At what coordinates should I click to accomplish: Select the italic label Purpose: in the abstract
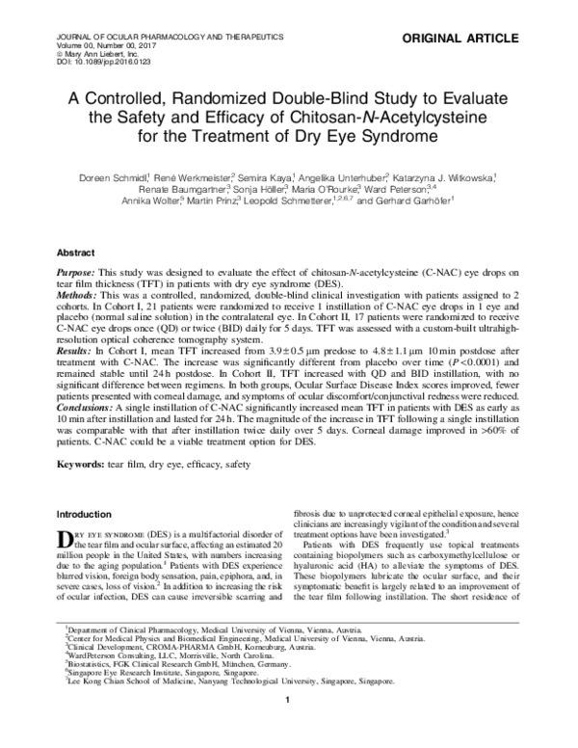pos(82,275)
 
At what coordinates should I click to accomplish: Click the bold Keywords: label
pos(88,464)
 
